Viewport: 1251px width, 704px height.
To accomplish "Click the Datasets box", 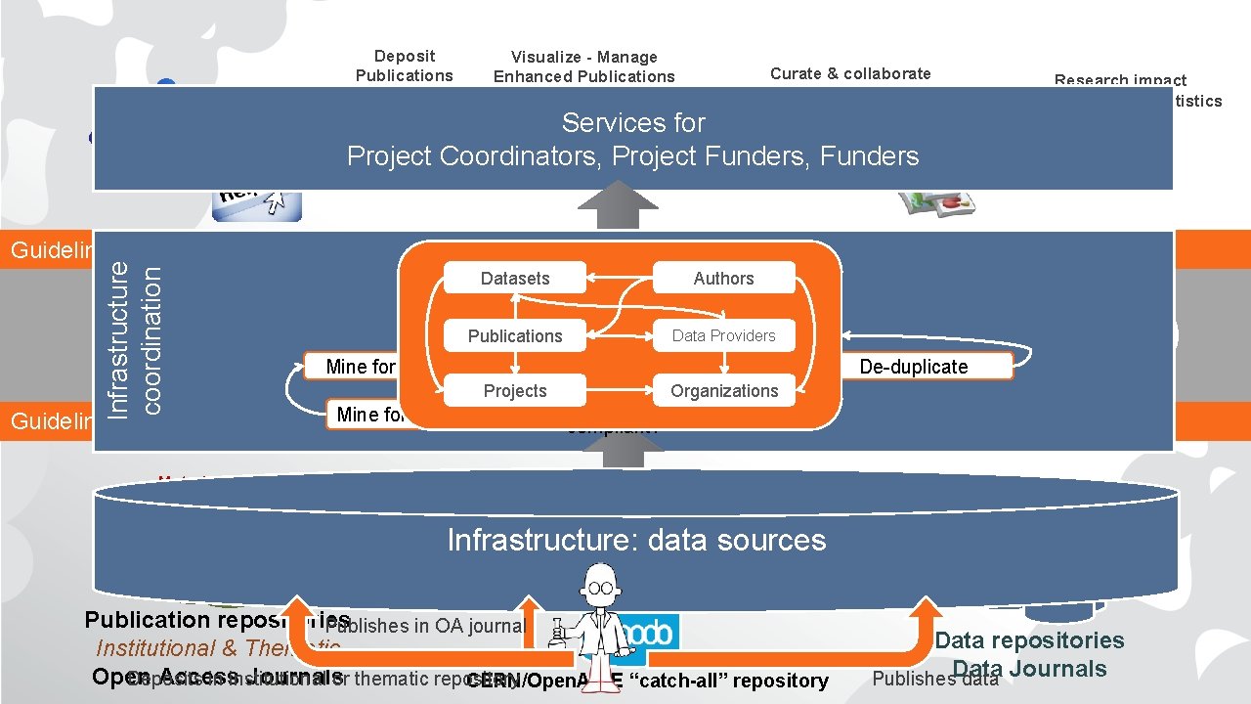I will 515,279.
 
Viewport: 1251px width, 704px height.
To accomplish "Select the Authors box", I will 723,279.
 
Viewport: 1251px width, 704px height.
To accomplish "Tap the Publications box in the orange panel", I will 515,335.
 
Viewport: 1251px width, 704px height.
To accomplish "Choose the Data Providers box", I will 723,335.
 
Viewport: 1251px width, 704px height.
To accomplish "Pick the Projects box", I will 515,391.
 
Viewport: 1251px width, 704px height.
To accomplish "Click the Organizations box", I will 723,391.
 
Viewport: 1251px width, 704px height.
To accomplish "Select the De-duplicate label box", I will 914,367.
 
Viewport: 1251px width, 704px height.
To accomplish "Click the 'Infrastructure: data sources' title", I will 636,540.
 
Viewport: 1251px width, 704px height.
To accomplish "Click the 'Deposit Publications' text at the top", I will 405,66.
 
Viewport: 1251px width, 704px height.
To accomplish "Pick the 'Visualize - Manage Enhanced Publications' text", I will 584,66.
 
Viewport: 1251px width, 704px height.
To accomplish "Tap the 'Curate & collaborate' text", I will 850,73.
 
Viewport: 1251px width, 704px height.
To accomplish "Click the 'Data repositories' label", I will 1029,640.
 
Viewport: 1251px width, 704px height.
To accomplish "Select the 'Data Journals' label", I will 1029,669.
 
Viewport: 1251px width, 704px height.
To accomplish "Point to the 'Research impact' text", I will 1120,80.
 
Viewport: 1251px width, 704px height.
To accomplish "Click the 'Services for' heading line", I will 633,123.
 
